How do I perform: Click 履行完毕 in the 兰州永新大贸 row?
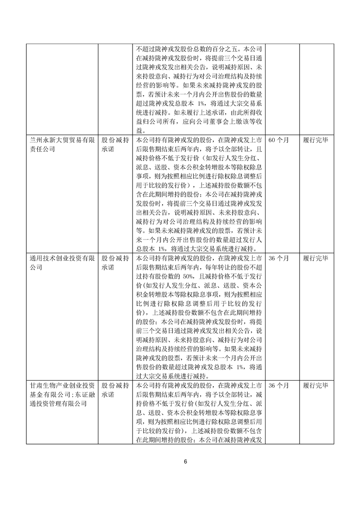pos(316,140)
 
